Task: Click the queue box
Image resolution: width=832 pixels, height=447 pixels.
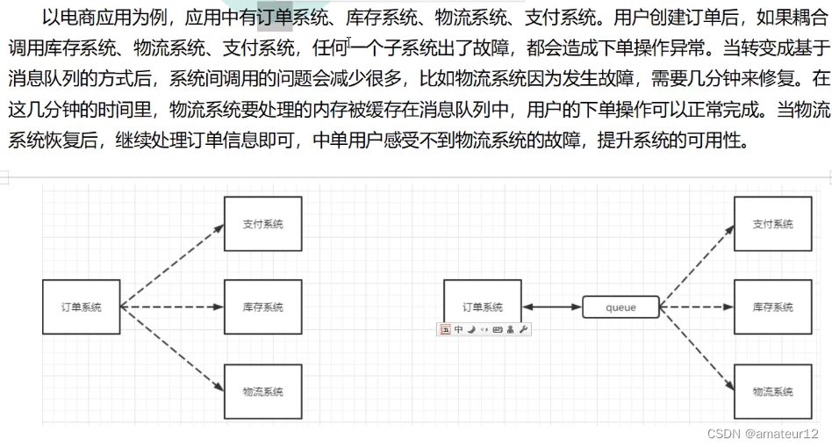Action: pyautogui.click(x=620, y=307)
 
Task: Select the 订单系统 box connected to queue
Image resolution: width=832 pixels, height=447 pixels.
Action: pyautogui.click(x=482, y=306)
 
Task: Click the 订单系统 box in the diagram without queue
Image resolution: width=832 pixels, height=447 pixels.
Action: pyautogui.click(x=81, y=306)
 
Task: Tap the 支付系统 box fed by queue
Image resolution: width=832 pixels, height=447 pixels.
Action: pyautogui.click(x=772, y=224)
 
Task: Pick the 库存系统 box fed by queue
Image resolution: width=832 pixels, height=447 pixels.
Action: pyautogui.click(x=772, y=306)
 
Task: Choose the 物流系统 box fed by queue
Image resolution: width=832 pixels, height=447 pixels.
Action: pyautogui.click(x=772, y=391)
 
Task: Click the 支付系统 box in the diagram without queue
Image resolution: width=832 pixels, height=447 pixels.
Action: pyautogui.click(x=263, y=224)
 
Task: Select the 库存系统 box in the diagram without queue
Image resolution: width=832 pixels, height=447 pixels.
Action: pyautogui.click(x=263, y=306)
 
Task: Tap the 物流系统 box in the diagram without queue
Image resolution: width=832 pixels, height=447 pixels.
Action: pyautogui.click(x=263, y=391)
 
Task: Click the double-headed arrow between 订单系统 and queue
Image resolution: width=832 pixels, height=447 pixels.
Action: pyautogui.click(x=551, y=307)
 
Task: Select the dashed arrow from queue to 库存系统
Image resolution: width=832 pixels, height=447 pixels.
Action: pyautogui.click(x=696, y=307)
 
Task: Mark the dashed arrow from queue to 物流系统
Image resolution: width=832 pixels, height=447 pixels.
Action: pyautogui.click(x=696, y=349)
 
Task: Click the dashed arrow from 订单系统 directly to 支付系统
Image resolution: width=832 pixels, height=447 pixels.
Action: pyautogui.click(x=172, y=265)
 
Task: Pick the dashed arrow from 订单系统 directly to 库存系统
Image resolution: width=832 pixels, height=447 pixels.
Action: pyautogui.click(x=172, y=307)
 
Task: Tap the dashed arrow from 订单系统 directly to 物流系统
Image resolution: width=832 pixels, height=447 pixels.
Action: pyautogui.click(x=172, y=349)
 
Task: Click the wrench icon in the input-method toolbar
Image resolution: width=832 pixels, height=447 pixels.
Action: pyautogui.click(x=524, y=329)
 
